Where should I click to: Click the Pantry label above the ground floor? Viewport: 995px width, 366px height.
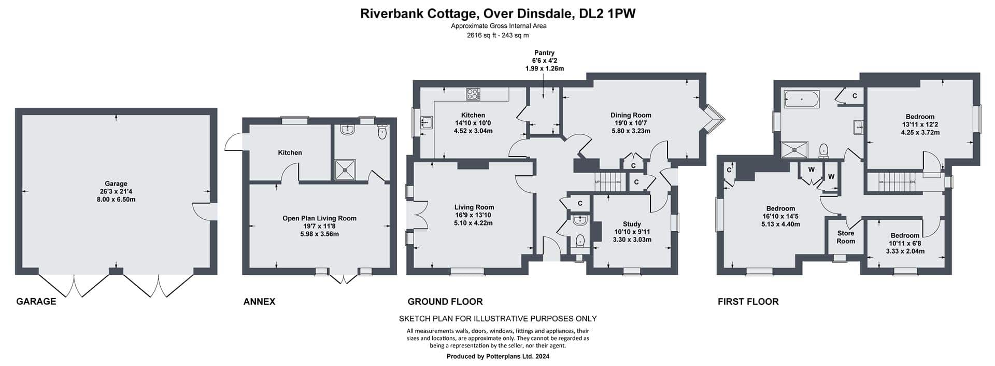click(544, 53)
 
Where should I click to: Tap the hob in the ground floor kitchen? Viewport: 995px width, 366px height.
click(473, 94)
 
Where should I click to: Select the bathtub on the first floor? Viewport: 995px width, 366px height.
click(801, 99)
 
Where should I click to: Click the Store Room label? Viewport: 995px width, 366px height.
click(846, 237)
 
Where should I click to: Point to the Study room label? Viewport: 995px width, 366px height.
click(632, 224)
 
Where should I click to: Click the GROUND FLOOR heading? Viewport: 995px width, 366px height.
click(445, 302)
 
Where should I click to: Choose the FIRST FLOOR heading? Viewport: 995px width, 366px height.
click(748, 302)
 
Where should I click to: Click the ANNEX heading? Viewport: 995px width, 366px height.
click(259, 302)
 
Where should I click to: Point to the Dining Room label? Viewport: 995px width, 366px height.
click(631, 115)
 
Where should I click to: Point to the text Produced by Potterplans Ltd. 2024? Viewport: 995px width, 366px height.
click(498, 357)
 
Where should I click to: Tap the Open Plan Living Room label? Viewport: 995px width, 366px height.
click(319, 218)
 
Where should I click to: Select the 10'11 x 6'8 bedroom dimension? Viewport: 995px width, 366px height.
click(905, 243)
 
